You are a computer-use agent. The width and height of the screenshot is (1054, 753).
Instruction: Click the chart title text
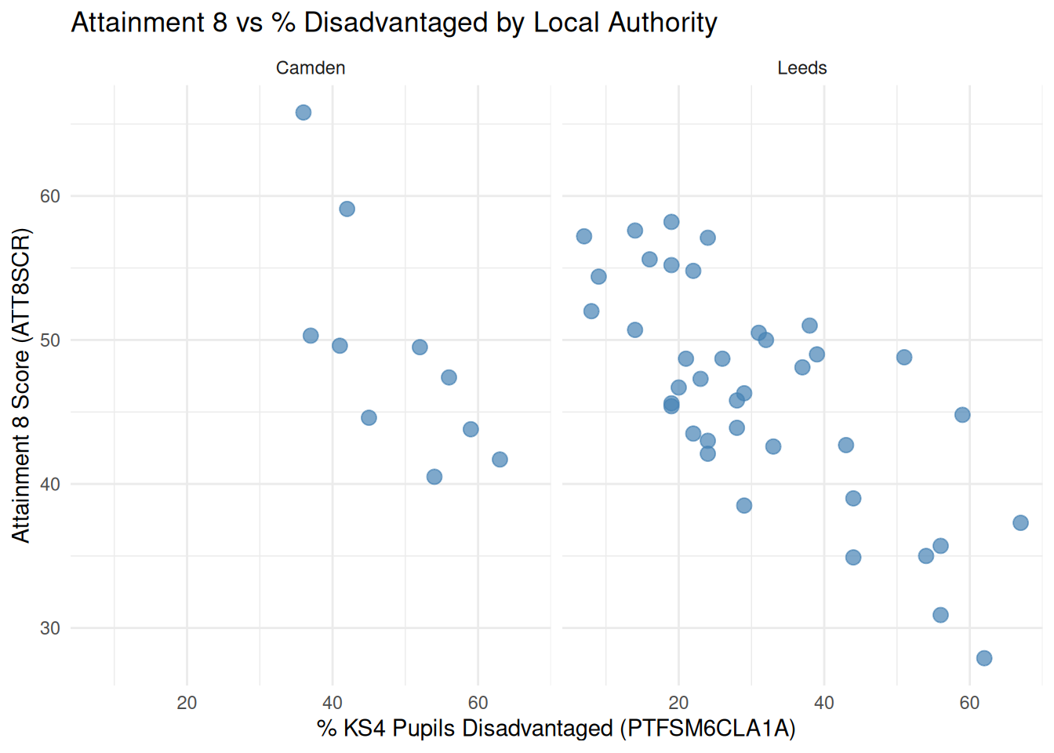click(x=394, y=23)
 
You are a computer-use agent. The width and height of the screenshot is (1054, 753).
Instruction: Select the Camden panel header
click(x=311, y=68)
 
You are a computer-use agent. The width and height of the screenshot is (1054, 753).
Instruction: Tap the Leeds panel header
click(x=801, y=68)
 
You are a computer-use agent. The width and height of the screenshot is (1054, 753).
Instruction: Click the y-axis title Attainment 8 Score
click(x=21, y=384)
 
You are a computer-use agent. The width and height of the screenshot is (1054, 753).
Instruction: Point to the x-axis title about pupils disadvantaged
click(x=556, y=729)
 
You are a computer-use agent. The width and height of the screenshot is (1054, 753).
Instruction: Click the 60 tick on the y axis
click(x=50, y=196)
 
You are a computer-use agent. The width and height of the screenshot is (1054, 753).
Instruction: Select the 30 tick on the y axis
click(x=50, y=628)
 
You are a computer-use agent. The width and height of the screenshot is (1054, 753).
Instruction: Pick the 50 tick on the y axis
click(x=50, y=340)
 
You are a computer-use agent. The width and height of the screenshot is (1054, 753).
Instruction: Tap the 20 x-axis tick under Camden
click(x=187, y=703)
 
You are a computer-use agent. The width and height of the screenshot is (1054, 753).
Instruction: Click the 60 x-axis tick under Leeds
click(x=969, y=703)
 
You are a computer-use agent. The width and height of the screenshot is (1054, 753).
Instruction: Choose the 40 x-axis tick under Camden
click(x=333, y=703)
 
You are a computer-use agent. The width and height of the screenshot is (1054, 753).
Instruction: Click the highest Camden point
click(x=303, y=113)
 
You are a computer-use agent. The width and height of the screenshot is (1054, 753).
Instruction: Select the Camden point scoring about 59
click(x=347, y=209)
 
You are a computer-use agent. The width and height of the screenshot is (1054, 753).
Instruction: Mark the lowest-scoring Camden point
click(x=434, y=477)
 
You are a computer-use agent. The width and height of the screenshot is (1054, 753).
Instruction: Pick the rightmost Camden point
click(x=500, y=460)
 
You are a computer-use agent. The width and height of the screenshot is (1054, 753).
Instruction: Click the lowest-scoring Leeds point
click(x=984, y=658)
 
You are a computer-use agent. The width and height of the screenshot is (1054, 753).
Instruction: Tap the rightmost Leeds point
click(x=1020, y=523)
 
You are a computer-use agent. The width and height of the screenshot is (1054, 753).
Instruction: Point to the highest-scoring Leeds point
click(x=671, y=222)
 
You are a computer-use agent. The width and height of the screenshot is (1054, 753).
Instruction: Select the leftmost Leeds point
click(x=584, y=236)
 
